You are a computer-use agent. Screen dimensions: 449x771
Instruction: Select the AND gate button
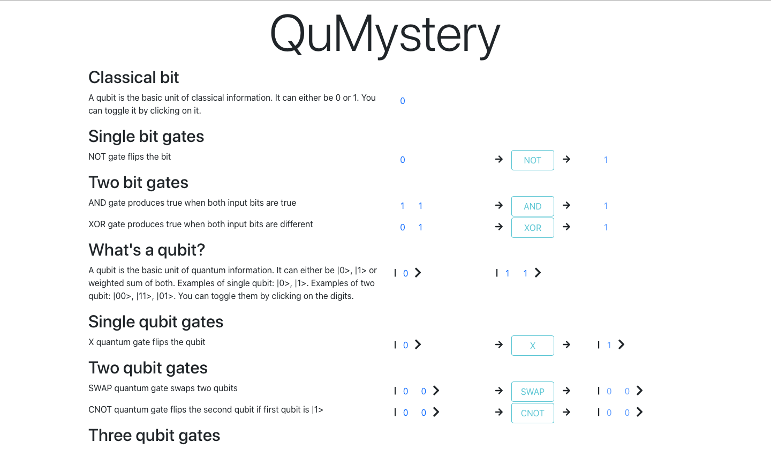(x=532, y=206)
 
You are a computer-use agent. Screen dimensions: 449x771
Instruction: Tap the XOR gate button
(x=532, y=228)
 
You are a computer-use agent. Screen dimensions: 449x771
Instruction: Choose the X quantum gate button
(x=532, y=346)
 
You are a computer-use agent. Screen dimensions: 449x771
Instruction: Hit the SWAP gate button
(x=532, y=392)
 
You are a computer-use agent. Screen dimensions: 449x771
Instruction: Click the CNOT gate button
(x=532, y=413)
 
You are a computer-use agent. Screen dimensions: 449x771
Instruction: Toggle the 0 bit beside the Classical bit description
(x=403, y=101)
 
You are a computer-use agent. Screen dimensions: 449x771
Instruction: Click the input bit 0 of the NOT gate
(x=403, y=160)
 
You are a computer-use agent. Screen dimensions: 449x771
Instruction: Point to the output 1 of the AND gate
(x=606, y=206)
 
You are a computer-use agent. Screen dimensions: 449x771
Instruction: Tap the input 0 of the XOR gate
(x=403, y=227)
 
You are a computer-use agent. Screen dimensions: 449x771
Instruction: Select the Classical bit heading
(x=133, y=78)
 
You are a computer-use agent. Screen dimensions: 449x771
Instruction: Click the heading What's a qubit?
(x=146, y=250)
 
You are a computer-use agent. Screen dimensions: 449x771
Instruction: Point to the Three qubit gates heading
(x=154, y=436)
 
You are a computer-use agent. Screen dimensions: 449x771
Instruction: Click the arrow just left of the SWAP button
(x=499, y=391)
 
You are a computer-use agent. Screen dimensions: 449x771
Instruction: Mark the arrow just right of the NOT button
(x=566, y=159)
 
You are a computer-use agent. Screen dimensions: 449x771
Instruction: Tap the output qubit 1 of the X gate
(x=609, y=345)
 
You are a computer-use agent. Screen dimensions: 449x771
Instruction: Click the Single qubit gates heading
(x=155, y=322)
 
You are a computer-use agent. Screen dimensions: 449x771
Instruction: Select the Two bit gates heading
(x=138, y=183)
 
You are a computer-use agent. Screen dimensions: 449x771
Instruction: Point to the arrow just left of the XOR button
(x=499, y=227)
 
